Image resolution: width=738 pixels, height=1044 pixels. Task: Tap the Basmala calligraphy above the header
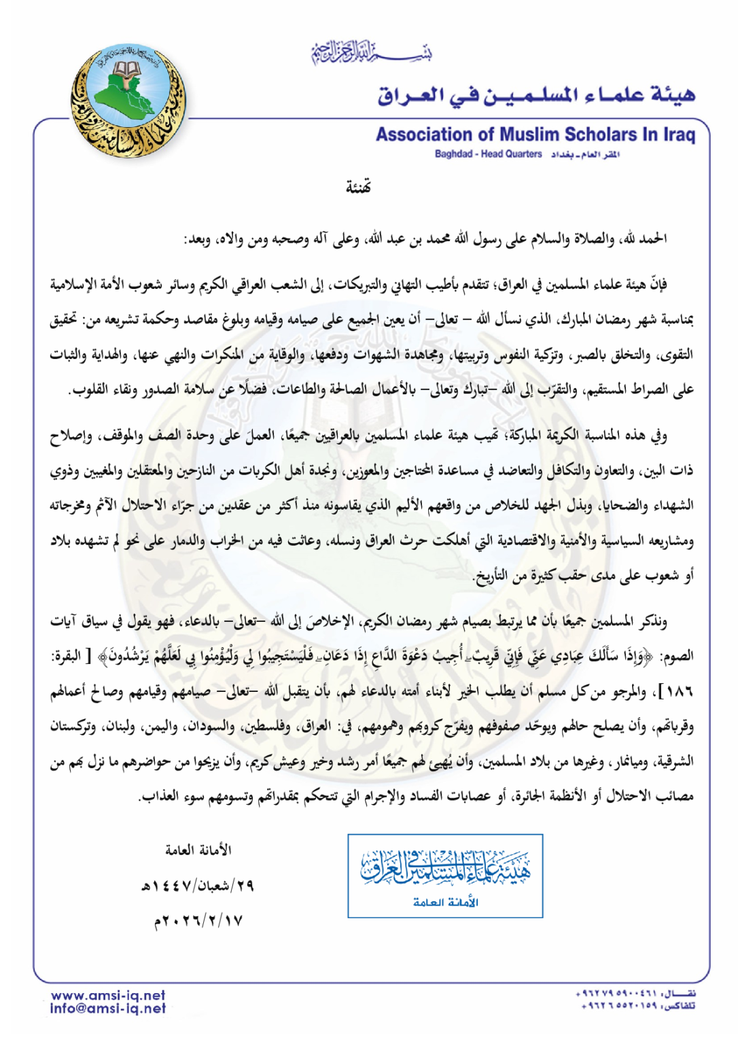click(371, 52)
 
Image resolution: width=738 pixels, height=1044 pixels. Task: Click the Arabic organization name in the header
click(536, 94)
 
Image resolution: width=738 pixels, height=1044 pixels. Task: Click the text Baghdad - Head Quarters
click(488, 154)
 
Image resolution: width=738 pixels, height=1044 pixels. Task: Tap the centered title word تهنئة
click(358, 187)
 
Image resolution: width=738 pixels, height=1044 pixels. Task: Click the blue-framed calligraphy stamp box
click(445, 875)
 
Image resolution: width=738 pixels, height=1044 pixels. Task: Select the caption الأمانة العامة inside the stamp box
click(445, 903)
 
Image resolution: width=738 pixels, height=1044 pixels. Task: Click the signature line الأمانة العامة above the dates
click(198, 850)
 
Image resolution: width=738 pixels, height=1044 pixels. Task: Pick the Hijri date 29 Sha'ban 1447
click(196, 886)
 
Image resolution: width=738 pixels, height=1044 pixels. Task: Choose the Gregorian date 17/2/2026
click(198, 921)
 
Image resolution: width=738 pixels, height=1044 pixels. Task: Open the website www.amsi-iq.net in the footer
click(108, 995)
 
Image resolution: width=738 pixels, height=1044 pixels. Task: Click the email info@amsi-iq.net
click(108, 1009)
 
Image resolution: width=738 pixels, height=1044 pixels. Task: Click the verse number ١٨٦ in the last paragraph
click(678, 692)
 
